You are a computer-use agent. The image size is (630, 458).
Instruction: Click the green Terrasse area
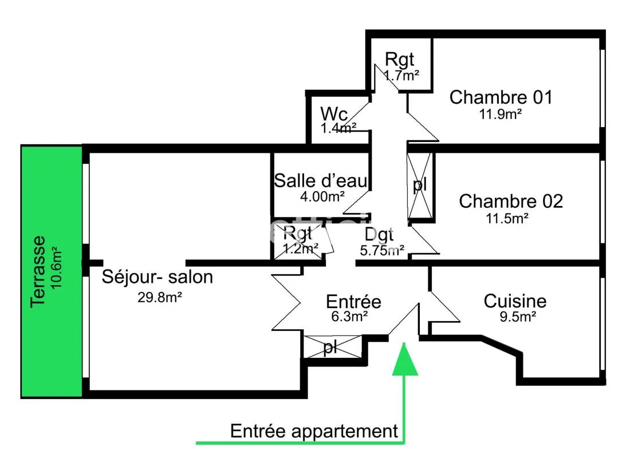52,271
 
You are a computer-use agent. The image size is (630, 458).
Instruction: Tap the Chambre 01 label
501,97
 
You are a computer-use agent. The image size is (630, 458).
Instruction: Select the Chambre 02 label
511,202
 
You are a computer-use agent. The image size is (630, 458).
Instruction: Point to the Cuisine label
515,301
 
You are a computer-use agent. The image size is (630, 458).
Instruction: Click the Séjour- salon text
157,277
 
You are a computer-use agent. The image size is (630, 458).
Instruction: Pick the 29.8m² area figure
160,297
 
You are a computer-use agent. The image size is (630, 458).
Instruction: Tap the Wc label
334,114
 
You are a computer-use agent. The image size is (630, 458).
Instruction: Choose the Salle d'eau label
321,180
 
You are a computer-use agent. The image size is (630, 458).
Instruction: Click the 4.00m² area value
322,196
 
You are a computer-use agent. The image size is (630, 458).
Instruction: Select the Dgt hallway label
379,234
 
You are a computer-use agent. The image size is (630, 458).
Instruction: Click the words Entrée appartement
314,431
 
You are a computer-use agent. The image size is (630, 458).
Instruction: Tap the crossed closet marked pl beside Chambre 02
420,185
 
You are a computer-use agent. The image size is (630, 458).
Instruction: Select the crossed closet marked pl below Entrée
332,347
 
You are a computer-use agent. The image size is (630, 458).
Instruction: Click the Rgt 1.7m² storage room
401,65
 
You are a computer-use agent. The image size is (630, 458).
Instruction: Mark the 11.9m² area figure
500,114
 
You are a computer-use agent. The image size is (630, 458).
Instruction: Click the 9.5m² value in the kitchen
518,317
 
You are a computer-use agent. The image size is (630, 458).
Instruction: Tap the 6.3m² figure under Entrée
349,317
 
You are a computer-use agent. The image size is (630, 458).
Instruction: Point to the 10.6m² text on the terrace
56,267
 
